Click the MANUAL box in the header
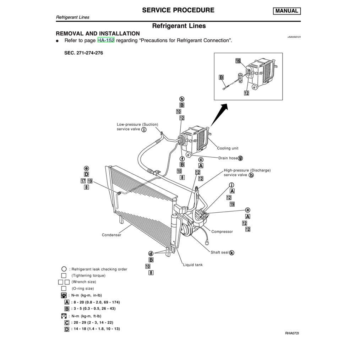click(287, 11)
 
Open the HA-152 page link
click(106, 40)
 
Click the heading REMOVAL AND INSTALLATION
click(98, 33)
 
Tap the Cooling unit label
click(228, 148)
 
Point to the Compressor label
click(222, 232)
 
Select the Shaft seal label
click(219, 252)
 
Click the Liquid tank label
click(193, 265)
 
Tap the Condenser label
click(111, 235)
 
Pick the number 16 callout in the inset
click(238, 61)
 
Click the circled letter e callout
click(86, 168)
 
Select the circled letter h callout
click(182, 99)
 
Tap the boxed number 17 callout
click(83, 181)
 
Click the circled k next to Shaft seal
click(232, 252)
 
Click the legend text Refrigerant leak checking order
click(99, 269)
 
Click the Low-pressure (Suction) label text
click(137, 125)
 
